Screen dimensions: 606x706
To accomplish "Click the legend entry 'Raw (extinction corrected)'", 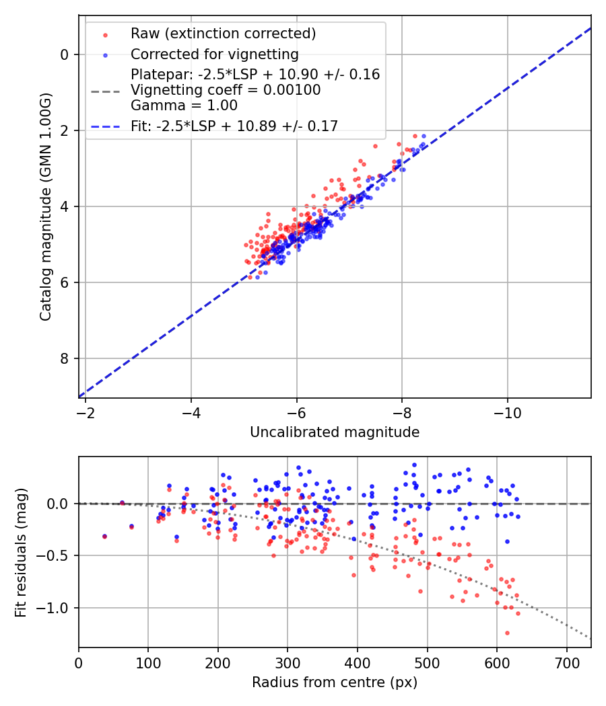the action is (223, 34).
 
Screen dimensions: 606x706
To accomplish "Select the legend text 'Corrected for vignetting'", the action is (215, 54).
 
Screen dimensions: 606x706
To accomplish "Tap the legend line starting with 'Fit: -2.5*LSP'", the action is (234, 126).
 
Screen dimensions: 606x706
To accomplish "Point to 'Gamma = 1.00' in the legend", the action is (184, 106).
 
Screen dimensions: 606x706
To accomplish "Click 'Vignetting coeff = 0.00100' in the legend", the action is (226, 90).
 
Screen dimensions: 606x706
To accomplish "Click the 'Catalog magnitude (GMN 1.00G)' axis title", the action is (46, 206).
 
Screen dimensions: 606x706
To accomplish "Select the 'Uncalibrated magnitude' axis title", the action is (335, 432).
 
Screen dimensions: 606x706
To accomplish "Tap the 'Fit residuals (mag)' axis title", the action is (21, 553).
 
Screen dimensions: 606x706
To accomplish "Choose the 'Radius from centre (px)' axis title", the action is (335, 682).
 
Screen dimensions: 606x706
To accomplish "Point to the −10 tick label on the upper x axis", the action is (507, 413).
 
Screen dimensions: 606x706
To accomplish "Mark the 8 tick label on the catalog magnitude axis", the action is (65, 358).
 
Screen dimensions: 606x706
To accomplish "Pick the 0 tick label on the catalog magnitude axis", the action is (65, 55).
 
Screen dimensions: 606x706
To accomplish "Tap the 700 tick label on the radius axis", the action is (566, 663).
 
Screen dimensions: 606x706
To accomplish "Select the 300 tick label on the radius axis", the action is (288, 663).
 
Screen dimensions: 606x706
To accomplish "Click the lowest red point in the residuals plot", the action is (507, 633).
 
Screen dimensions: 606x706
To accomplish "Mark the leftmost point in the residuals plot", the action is (104, 537).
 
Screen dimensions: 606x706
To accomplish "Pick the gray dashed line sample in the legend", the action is (105, 91).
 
